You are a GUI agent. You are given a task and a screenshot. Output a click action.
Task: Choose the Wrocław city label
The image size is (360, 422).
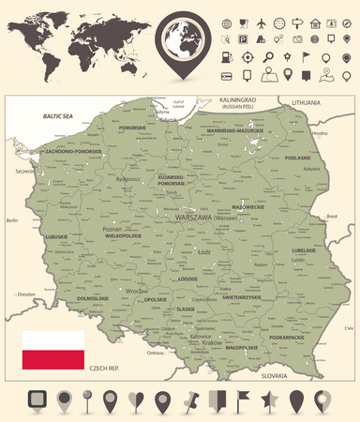pos(110,292)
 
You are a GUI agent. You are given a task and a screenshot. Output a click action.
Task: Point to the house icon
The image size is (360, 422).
pos(318,23)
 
